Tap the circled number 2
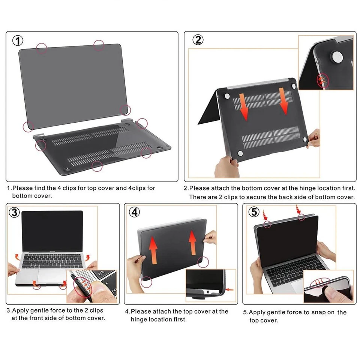pyautogui.click(x=198, y=40)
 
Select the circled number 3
pyautogui.click(x=14, y=213)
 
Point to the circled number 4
pyautogui.click(x=134, y=212)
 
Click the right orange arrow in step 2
pyautogui.click(x=283, y=101)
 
